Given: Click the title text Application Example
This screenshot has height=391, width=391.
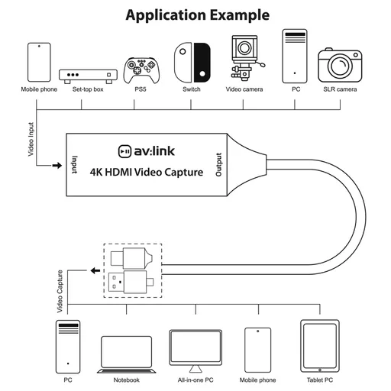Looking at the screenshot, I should pyautogui.click(x=197, y=15).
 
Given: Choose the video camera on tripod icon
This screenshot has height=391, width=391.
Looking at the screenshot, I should pyautogui.click(x=244, y=59).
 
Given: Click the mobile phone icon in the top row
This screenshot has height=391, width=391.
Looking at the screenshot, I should pyautogui.click(x=38, y=62).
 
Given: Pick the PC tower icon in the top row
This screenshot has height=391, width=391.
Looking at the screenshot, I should pyautogui.click(x=295, y=57).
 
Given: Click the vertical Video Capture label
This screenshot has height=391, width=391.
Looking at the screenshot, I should pyautogui.click(x=60, y=292).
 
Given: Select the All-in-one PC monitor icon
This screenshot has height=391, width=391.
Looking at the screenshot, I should pyautogui.click(x=195, y=349).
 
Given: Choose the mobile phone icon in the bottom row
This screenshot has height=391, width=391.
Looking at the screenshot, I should pyautogui.click(x=257, y=349).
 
